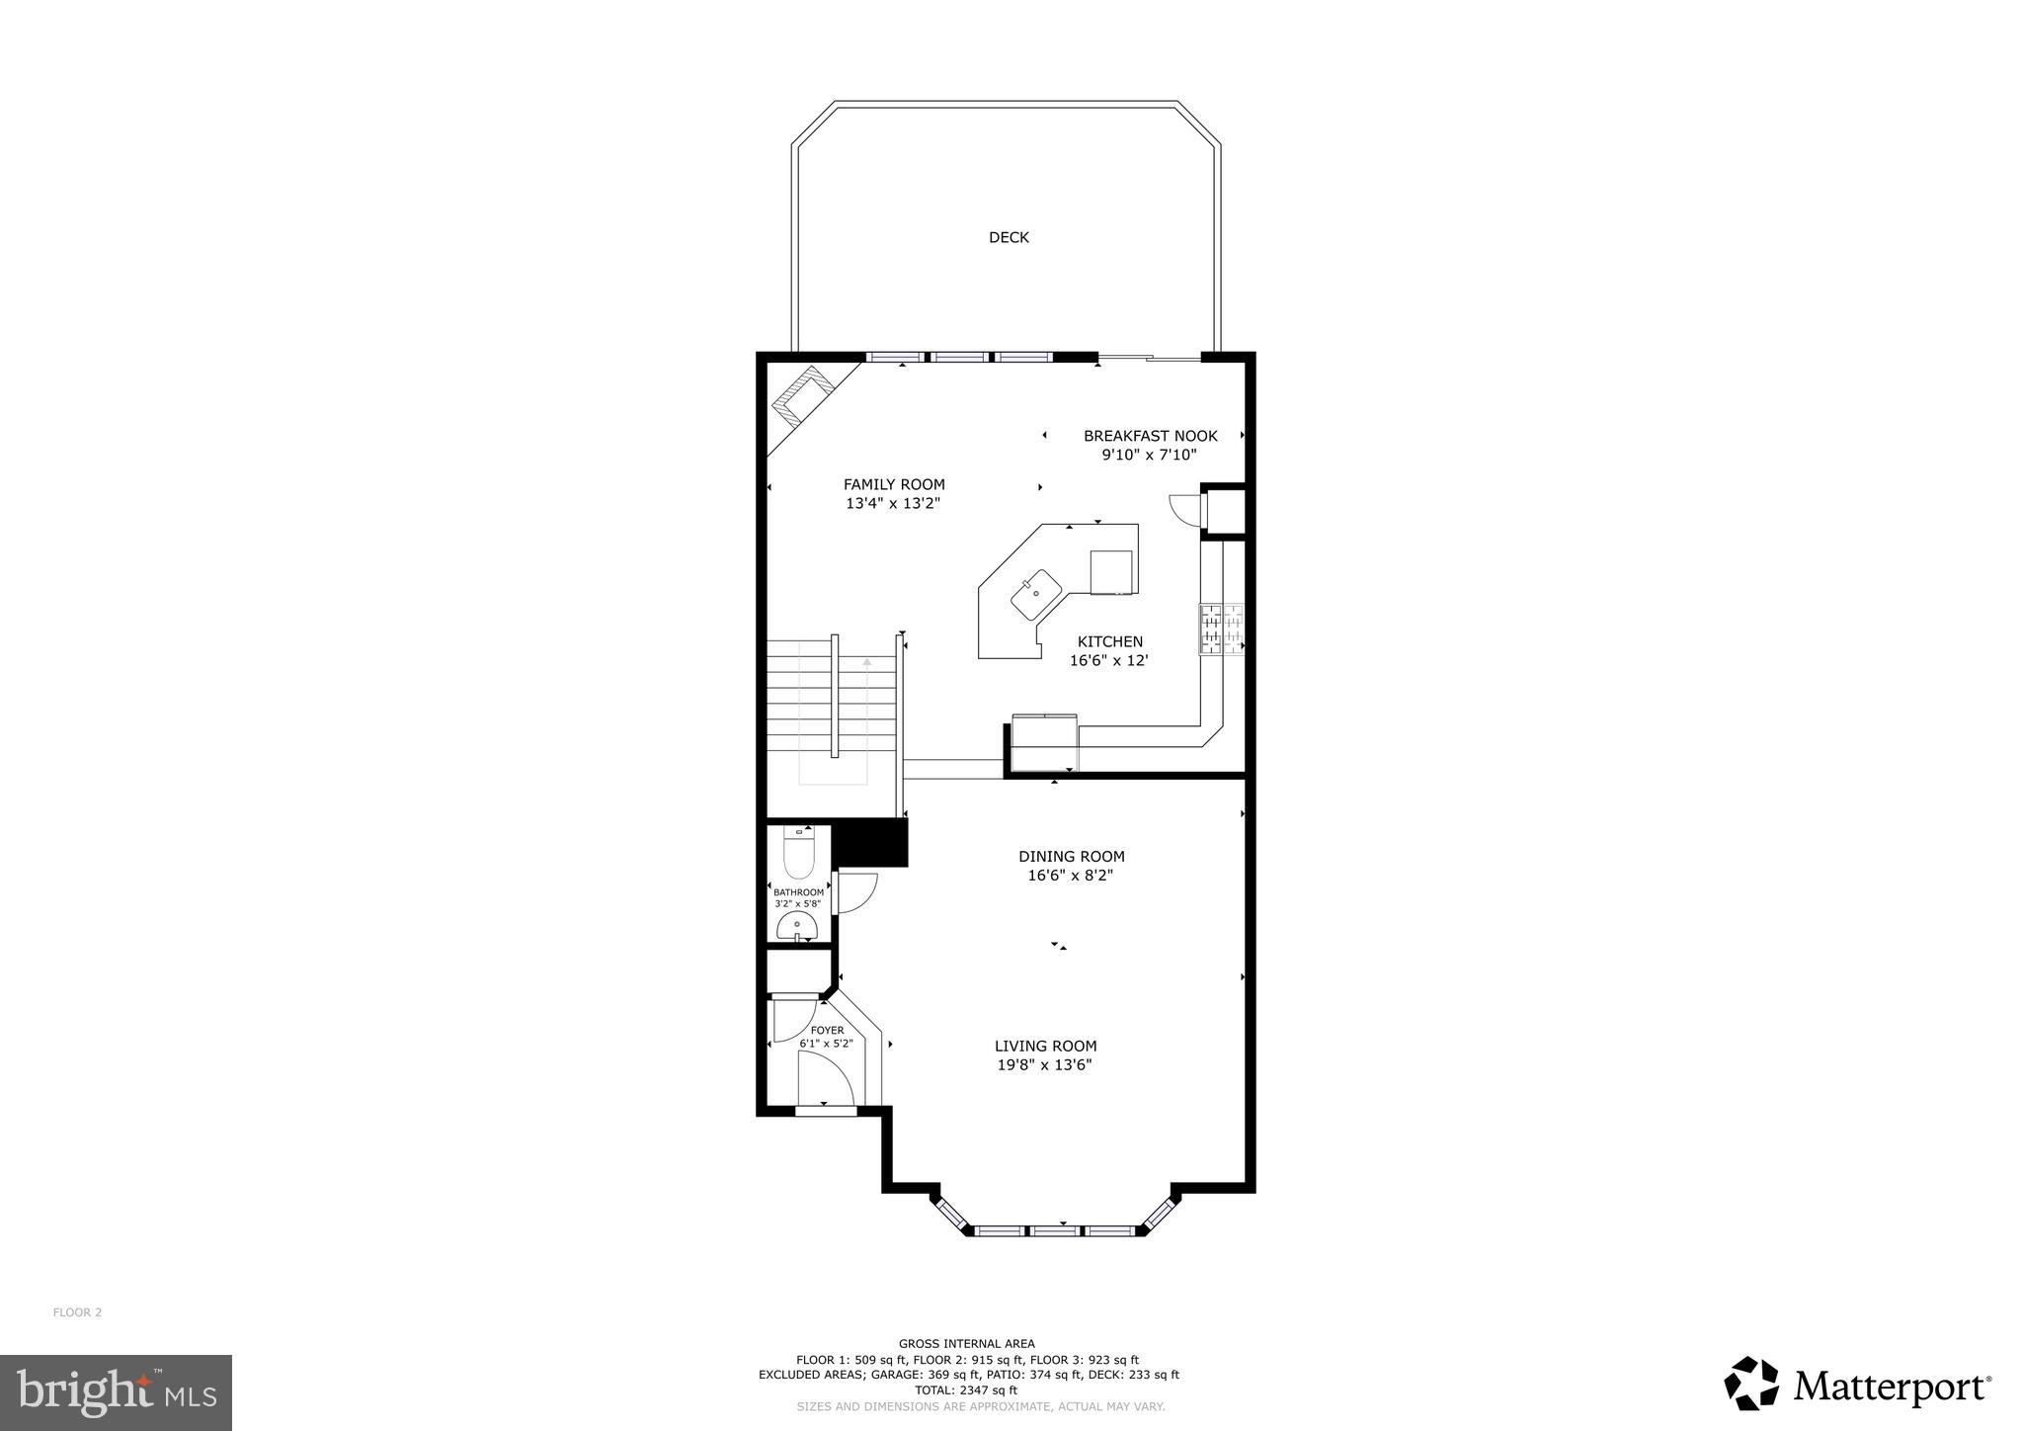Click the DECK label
point(1009,237)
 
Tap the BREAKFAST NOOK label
point(1150,436)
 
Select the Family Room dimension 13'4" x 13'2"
point(892,503)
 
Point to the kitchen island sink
point(1034,592)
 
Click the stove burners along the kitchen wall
point(1221,630)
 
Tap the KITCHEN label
point(1109,641)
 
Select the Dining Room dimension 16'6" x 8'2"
point(1070,875)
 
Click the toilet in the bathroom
point(797,856)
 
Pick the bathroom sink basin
point(796,927)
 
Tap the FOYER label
point(827,1030)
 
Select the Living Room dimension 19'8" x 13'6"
point(1044,1064)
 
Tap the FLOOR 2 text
point(77,1312)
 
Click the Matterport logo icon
point(1751,1384)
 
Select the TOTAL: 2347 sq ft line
point(967,1389)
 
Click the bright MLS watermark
point(116,1393)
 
